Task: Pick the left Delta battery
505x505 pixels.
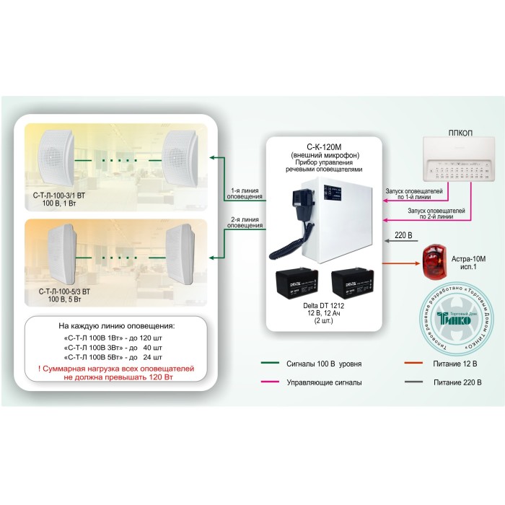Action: pyautogui.click(x=297, y=286)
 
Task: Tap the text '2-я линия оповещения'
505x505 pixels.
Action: pyautogui.click(x=245, y=222)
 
